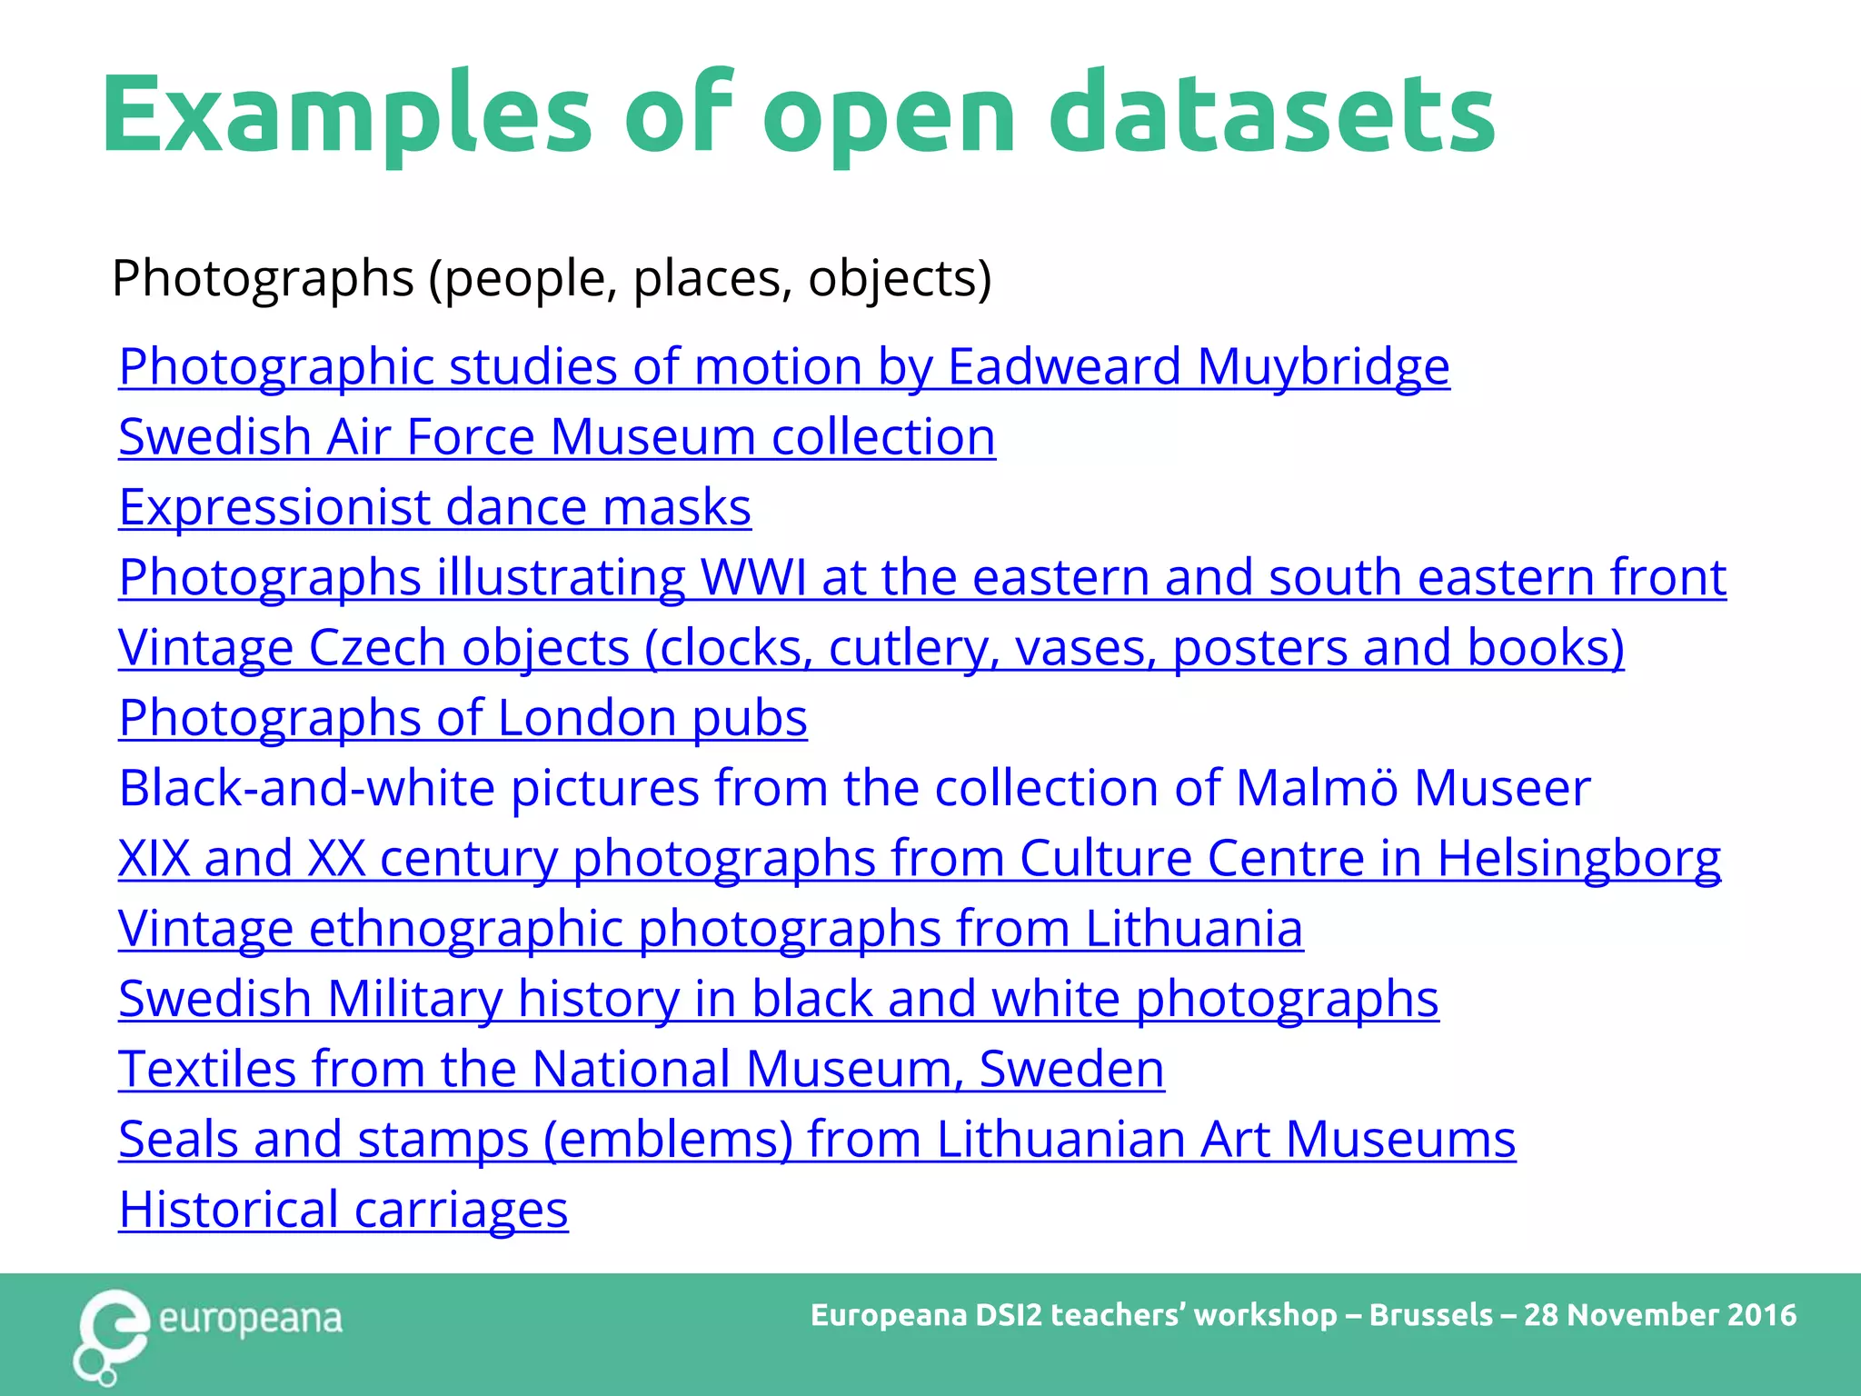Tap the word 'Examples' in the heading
pyautogui.click(x=346, y=115)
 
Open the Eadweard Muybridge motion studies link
pyautogui.click(x=783, y=367)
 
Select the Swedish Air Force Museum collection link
pyautogui.click(x=556, y=437)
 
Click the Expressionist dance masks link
pyautogui.click(x=434, y=507)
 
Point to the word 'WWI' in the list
pyautogui.click(x=752, y=578)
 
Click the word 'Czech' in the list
pyautogui.click(x=377, y=648)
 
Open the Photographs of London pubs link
pyautogui.click(x=463, y=718)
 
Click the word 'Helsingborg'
pyautogui.click(x=1578, y=859)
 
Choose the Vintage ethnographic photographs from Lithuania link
pyautogui.click(x=711, y=929)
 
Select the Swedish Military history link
pyautogui.click(x=778, y=999)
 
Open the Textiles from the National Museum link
pyautogui.click(x=641, y=1070)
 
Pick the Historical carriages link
pyautogui.click(x=343, y=1210)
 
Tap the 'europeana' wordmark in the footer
pyautogui.click(x=251, y=1320)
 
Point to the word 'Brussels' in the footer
pyautogui.click(x=1430, y=1315)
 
